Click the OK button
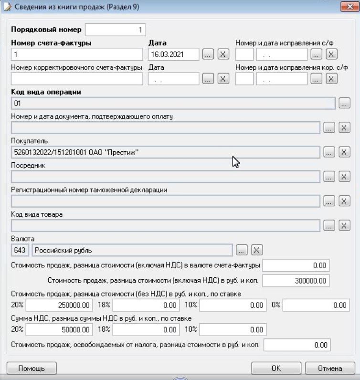point(276,368)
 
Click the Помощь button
point(32,368)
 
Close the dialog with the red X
point(350,7)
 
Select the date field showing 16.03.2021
point(173,54)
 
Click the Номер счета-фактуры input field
point(77,54)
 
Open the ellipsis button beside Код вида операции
point(345,103)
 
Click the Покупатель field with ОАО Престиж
point(165,152)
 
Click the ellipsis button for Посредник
point(329,177)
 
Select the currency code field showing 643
point(21,250)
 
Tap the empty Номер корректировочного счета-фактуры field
point(77,79)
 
